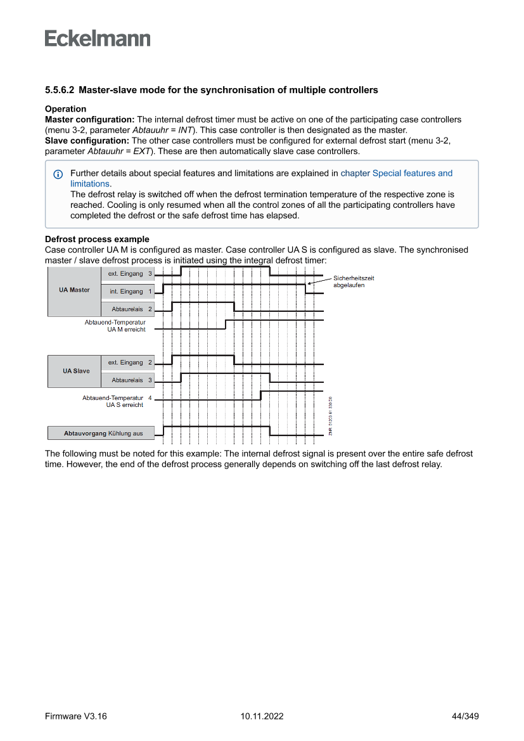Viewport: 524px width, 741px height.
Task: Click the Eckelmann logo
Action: point(98,39)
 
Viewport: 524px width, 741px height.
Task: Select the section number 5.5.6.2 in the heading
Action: point(60,90)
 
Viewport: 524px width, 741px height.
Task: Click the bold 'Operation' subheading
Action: point(65,109)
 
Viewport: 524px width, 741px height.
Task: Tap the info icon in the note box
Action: point(58,174)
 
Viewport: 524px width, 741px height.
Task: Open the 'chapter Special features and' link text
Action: point(397,173)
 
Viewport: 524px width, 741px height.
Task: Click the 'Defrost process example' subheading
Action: point(97,239)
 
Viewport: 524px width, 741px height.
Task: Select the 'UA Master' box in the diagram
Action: point(74,290)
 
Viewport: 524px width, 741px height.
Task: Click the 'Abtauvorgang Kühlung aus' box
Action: point(101,434)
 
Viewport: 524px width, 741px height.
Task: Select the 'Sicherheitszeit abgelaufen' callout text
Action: point(353,281)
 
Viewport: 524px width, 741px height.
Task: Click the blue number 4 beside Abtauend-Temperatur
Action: point(150,398)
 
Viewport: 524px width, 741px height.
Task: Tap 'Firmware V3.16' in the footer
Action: point(75,716)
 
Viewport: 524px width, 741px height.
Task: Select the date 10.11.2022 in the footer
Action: point(262,716)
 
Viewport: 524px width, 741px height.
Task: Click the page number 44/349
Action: point(464,716)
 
